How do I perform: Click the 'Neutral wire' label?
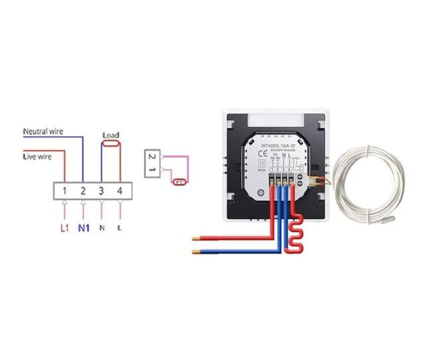pos(43,131)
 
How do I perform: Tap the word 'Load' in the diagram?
pos(111,135)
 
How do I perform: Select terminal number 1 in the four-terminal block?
pos(64,192)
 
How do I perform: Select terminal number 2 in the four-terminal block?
pos(83,192)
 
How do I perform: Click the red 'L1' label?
pos(65,228)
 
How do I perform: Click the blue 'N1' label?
pos(83,228)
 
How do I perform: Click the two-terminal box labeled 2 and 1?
pos(152,164)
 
